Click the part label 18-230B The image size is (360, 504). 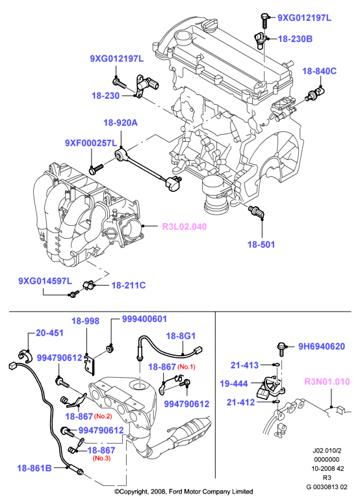295,39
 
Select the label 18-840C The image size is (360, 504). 319,71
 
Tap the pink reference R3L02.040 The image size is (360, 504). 185,226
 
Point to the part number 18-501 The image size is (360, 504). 261,245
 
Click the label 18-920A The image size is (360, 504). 120,123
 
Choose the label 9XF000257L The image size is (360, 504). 91,143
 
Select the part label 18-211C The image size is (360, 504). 129,285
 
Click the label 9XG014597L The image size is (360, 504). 45,281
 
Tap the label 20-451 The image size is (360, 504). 50,333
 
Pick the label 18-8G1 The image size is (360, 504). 181,336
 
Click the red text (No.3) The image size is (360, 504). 101,458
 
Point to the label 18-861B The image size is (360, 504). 34,468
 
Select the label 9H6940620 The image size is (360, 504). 322,347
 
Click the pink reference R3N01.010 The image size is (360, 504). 327,382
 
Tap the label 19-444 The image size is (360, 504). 234,384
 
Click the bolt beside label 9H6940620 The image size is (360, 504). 281,349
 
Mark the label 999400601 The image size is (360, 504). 144,319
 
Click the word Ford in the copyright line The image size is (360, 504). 175,492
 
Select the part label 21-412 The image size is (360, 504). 240,403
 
